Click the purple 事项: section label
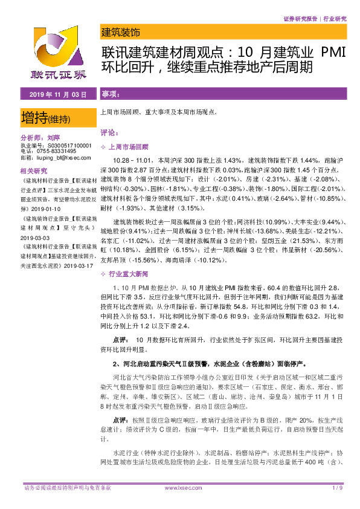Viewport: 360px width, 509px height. [x=110, y=95]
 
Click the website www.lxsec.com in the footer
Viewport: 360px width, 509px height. [x=181, y=487]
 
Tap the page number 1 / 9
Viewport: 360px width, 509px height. [x=337, y=487]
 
